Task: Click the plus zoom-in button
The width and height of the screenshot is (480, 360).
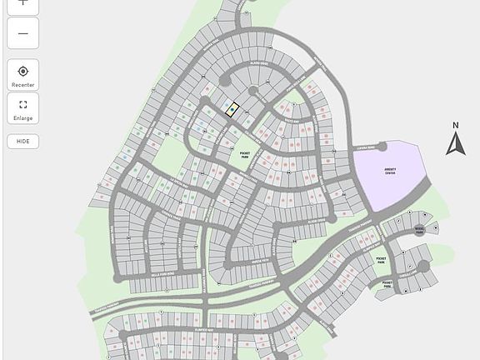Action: [22, 3]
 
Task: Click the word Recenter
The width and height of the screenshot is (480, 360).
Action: [22, 85]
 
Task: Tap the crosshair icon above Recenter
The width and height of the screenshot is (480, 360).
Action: [22, 72]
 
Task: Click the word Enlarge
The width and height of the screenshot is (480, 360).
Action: [22, 118]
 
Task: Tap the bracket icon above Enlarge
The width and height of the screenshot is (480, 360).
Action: [22, 105]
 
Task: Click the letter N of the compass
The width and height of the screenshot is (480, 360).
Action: [455, 126]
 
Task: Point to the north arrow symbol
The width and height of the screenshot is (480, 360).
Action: [454, 144]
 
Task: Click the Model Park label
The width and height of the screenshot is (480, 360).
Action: [419, 231]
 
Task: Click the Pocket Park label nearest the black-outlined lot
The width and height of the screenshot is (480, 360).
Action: [245, 155]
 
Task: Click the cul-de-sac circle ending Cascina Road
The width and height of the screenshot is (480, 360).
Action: [382, 147]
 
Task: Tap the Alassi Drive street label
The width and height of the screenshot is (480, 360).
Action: [259, 63]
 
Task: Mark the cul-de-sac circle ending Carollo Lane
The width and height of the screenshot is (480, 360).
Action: [423, 267]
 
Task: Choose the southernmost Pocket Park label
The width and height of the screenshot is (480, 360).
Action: [387, 284]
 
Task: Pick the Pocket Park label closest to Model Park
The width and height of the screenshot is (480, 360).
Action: [380, 260]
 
